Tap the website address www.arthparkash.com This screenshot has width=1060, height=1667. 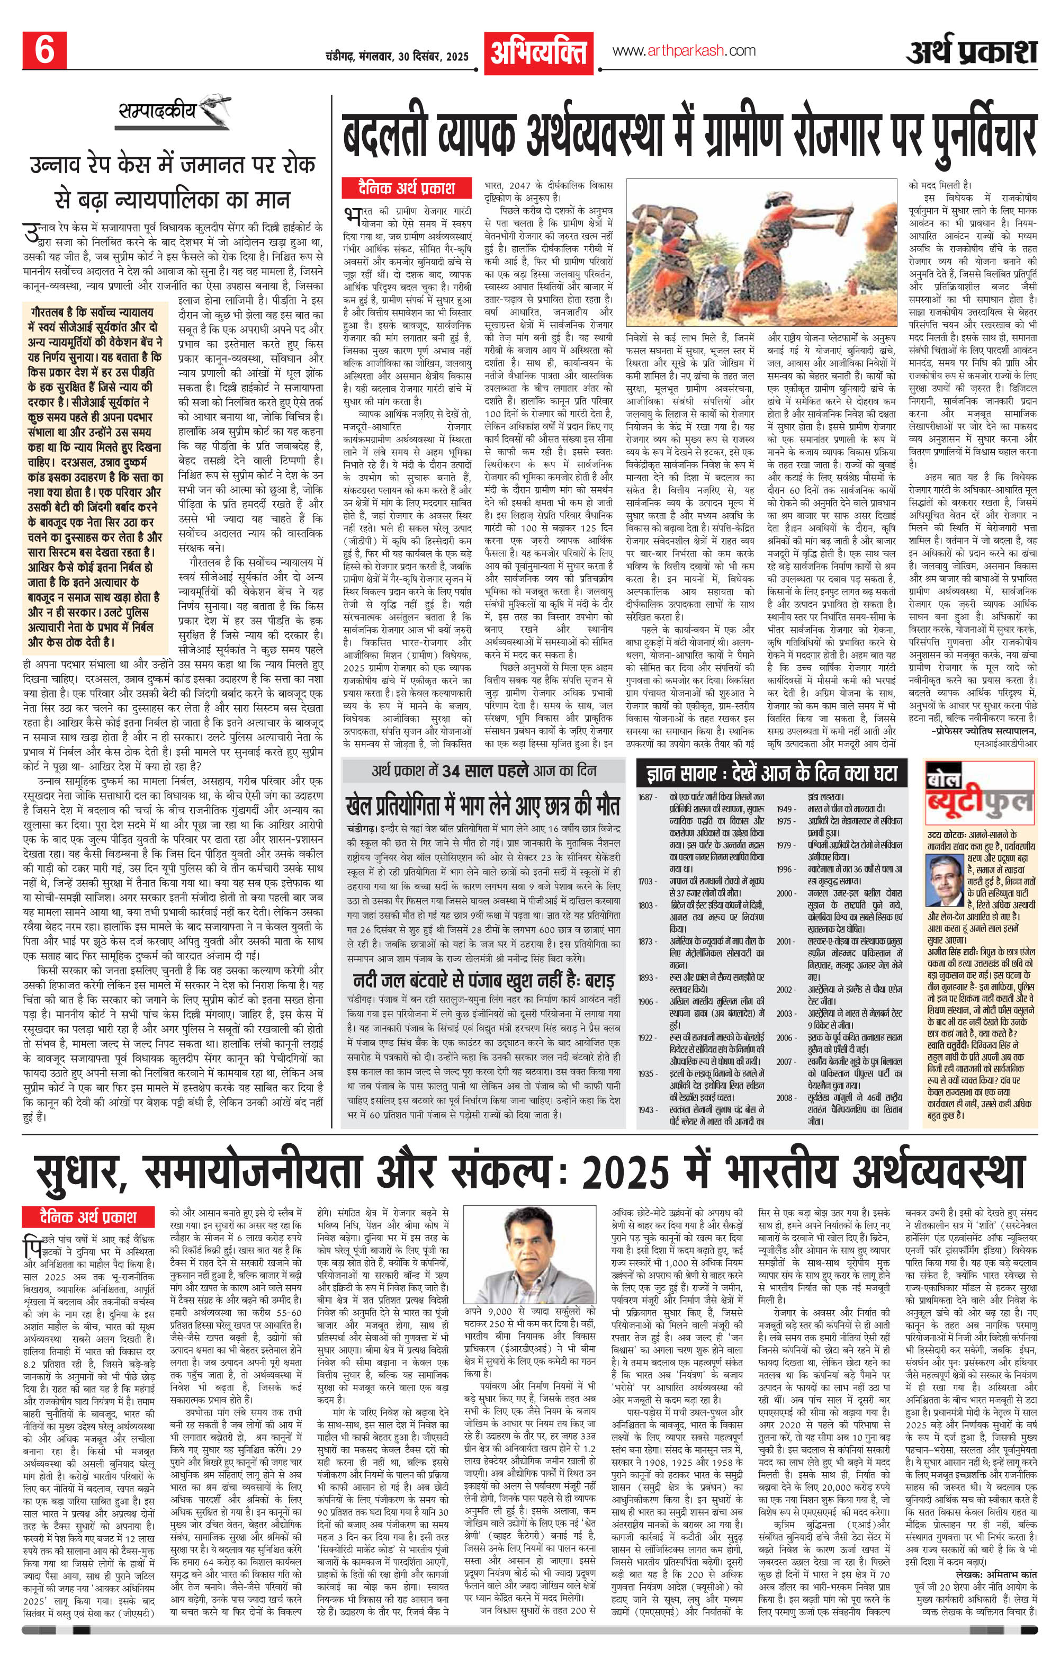(684, 50)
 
